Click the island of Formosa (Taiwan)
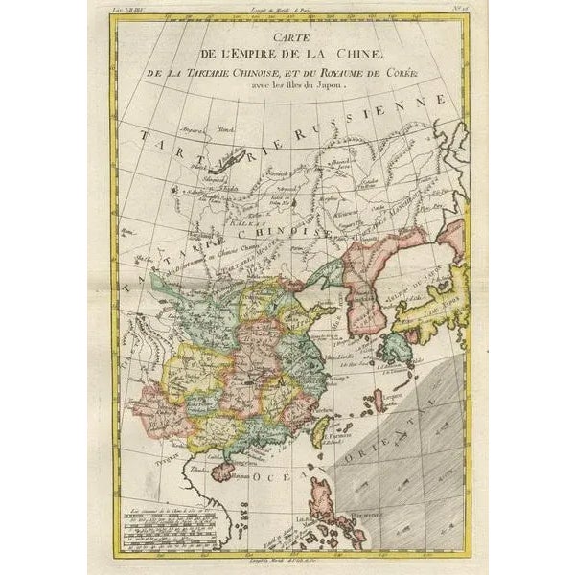click(321, 431)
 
